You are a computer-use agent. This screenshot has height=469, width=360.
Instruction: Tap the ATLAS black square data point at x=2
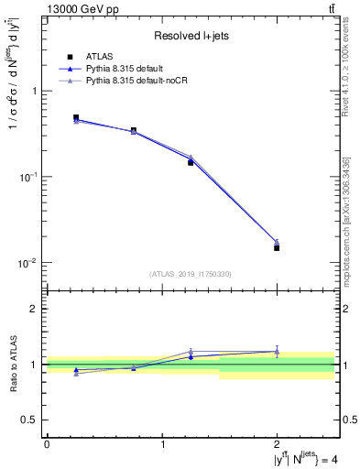click(x=277, y=247)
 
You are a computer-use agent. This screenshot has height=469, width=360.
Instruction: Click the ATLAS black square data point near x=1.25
click(x=191, y=162)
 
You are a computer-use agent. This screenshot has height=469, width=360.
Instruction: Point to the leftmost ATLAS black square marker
click(x=76, y=117)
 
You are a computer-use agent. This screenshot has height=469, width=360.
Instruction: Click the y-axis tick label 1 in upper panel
click(x=34, y=92)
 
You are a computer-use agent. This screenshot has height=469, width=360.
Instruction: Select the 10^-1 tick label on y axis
click(x=28, y=177)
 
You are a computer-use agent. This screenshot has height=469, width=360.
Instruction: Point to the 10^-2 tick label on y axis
click(x=28, y=263)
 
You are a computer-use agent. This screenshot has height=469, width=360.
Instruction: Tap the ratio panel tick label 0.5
click(x=30, y=420)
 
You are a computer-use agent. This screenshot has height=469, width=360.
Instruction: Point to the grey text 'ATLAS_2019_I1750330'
click(x=190, y=274)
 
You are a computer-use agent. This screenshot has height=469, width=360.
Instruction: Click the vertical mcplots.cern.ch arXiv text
click(x=345, y=220)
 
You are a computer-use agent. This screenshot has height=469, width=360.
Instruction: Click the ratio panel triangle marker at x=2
click(x=277, y=351)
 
